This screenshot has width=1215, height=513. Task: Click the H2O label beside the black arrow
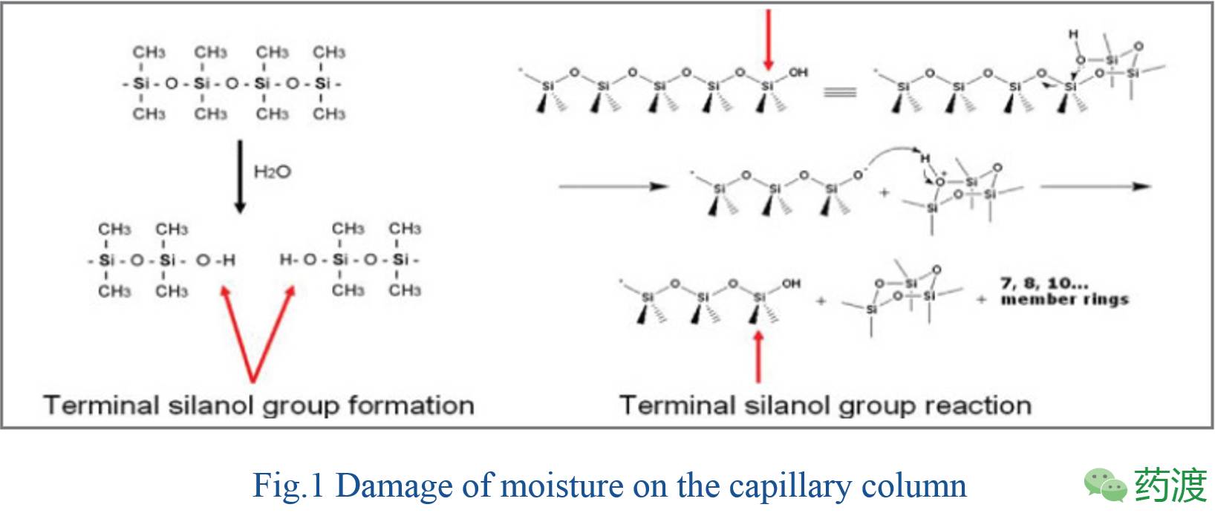(272, 172)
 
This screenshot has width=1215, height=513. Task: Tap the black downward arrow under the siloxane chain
(239, 177)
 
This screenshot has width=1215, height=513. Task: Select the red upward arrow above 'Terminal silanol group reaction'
(758, 356)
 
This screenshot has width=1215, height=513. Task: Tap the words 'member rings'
(1064, 300)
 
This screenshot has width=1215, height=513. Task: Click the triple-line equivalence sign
(840, 93)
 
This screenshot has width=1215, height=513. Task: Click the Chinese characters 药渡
(1170, 486)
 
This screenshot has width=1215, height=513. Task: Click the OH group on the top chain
(798, 73)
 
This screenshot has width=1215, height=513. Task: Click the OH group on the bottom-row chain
(792, 284)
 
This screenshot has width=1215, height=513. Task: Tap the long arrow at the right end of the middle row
(1095, 186)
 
